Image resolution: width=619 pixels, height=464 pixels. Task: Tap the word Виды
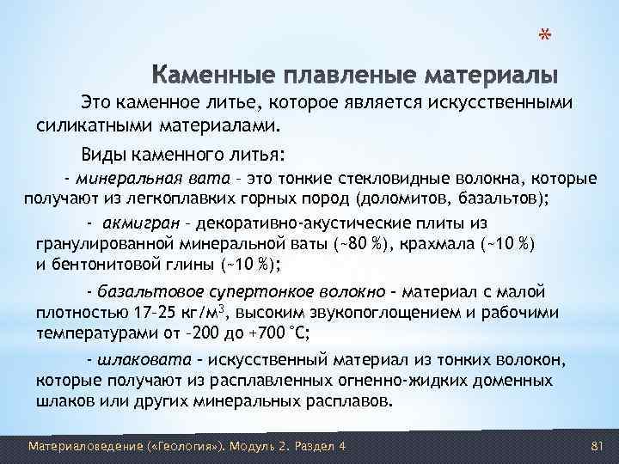[103, 156]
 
